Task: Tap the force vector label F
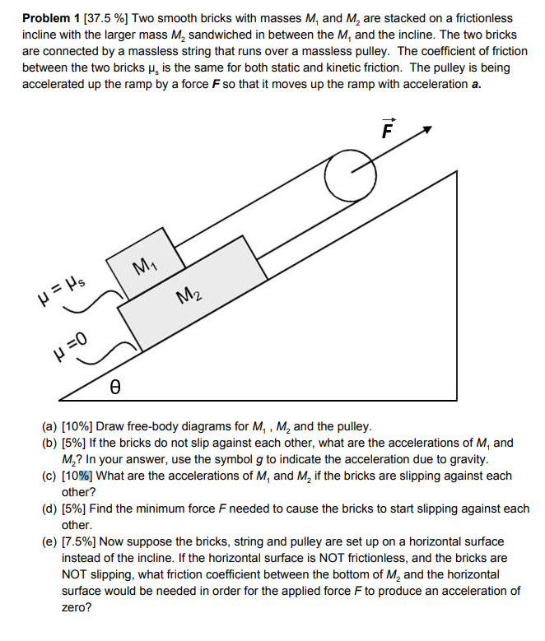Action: click(389, 129)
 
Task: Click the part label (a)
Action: click(50, 426)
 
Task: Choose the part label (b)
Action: click(50, 443)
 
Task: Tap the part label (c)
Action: click(50, 476)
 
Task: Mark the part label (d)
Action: click(50, 509)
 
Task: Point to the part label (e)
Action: click(50, 541)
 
